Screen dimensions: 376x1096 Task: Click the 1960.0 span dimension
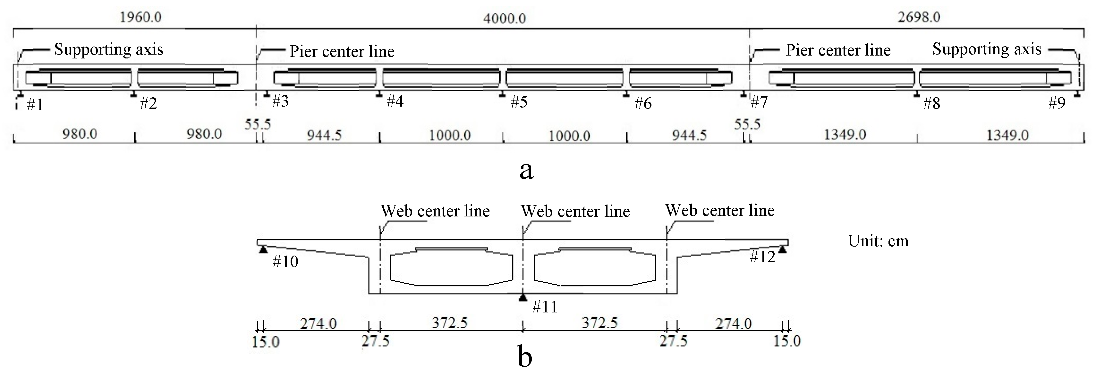(x=140, y=17)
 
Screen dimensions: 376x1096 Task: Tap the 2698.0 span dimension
(x=919, y=17)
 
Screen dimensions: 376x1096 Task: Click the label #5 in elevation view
(x=519, y=102)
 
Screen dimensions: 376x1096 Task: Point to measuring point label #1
(x=35, y=105)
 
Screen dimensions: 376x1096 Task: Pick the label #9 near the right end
(x=1057, y=103)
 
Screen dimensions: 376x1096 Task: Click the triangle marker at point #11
(x=523, y=297)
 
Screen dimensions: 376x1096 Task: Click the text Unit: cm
(x=878, y=241)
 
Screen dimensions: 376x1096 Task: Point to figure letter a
(x=526, y=170)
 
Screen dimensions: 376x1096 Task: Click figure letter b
(x=525, y=357)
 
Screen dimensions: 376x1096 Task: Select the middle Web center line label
(x=575, y=212)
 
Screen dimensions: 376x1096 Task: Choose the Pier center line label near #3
(x=342, y=51)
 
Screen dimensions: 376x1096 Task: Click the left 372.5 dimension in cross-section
(x=450, y=323)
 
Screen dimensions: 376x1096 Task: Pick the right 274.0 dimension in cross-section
(x=734, y=324)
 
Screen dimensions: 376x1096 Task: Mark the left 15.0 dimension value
(x=266, y=342)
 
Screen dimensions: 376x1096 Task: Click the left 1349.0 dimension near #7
(x=845, y=135)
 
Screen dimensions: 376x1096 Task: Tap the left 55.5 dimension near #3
(x=258, y=124)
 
